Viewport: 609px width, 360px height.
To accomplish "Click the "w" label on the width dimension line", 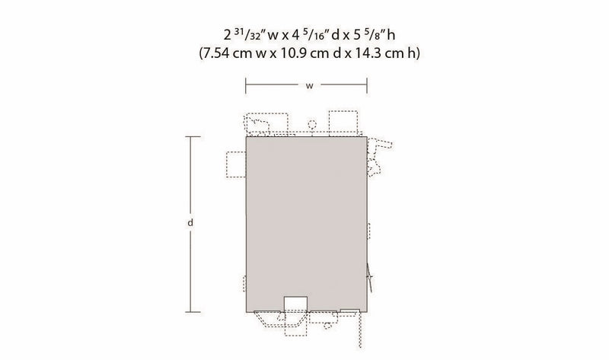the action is pyautogui.click(x=309, y=86).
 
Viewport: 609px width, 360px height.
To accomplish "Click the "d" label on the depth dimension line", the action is pyautogui.click(x=190, y=223).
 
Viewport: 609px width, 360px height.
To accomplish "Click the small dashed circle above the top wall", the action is pyautogui.click(x=312, y=125).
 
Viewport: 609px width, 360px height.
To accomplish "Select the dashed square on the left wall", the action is pyautogui.click(x=236, y=164).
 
